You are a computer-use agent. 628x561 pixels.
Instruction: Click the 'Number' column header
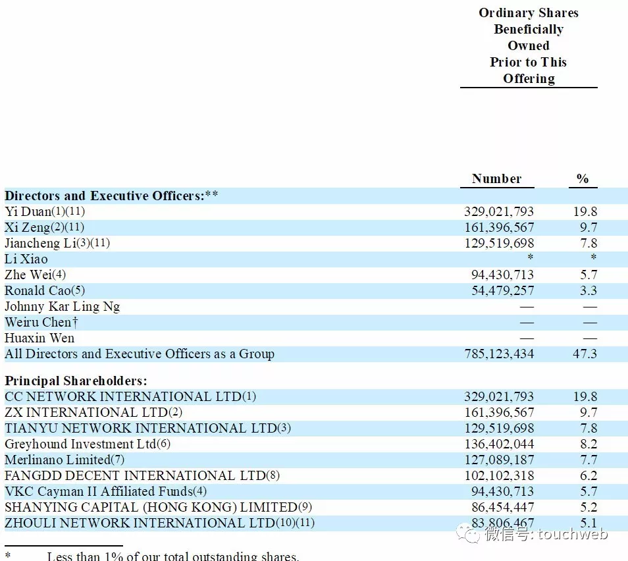(x=496, y=178)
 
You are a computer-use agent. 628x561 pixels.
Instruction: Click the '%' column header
(x=583, y=178)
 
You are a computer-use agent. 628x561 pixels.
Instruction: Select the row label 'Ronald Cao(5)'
(x=45, y=290)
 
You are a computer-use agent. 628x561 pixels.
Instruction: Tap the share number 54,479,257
(x=500, y=290)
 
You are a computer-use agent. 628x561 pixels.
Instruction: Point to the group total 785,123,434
(x=500, y=354)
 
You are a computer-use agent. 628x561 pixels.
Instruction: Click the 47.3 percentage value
(x=585, y=354)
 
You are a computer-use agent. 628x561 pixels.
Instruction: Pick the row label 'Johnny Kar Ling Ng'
(x=63, y=306)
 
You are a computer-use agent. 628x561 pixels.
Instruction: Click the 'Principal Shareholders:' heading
(x=76, y=381)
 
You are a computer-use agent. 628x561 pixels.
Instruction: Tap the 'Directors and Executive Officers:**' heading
(x=111, y=196)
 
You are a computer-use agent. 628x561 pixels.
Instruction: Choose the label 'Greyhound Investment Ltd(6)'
(x=88, y=444)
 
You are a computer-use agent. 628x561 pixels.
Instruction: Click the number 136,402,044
(x=500, y=444)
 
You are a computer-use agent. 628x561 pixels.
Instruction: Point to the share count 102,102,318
(x=500, y=475)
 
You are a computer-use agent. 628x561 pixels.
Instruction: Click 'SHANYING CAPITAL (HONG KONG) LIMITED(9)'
(x=159, y=507)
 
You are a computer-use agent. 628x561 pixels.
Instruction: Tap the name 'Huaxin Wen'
(x=39, y=338)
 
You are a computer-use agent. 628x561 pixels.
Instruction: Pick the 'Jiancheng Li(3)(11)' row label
(x=57, y=243)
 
